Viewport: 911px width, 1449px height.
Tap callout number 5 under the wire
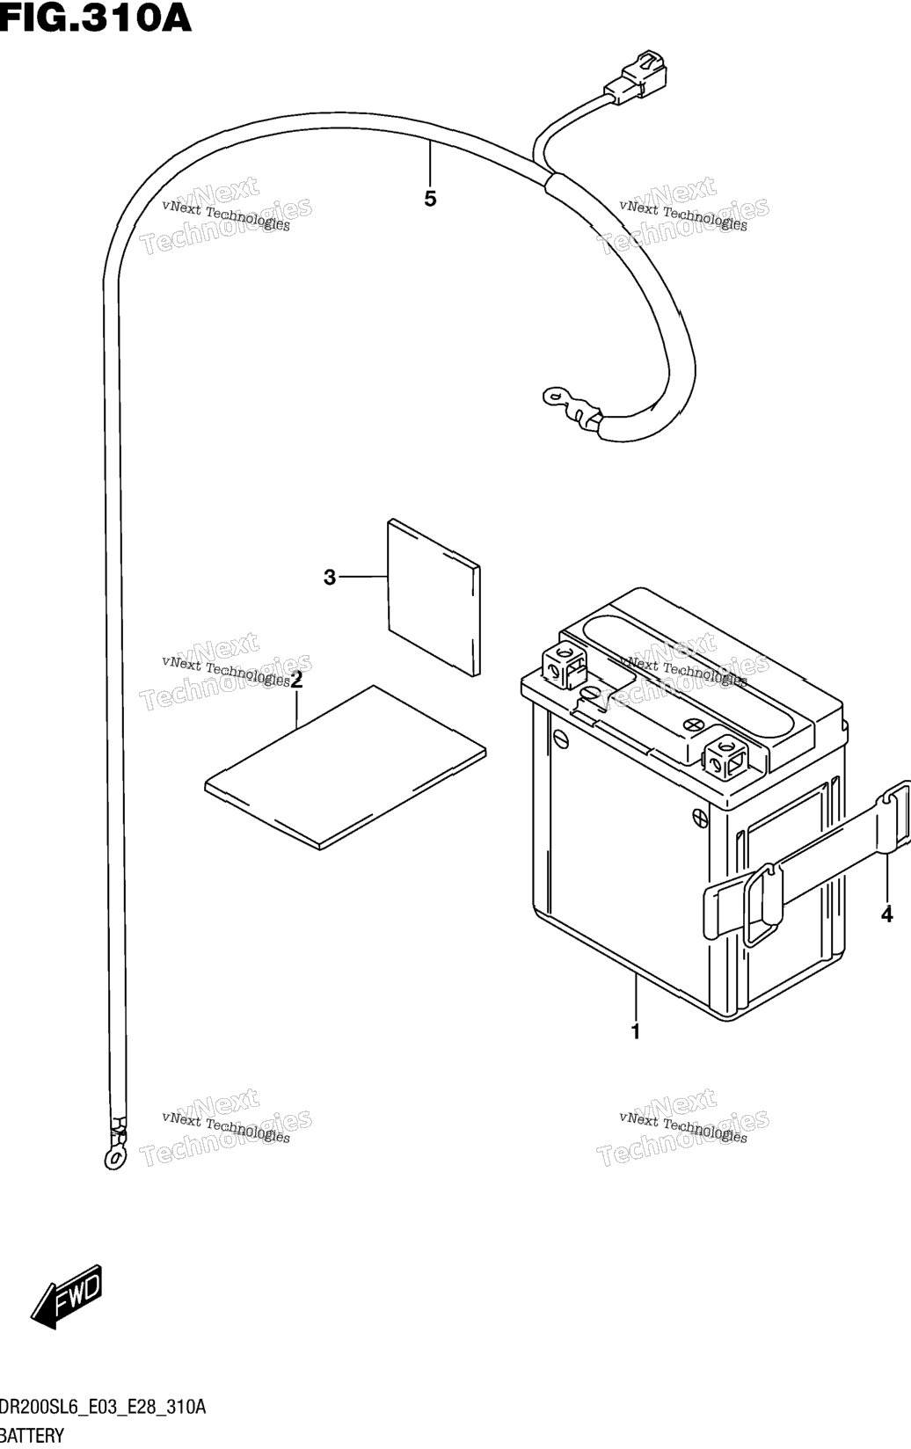click(x=430, y=199)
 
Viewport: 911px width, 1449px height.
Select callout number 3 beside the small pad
click(x=330, y=577)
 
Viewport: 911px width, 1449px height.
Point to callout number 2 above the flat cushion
click(x=297, y=680)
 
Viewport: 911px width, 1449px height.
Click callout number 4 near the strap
click(x=887, y=914)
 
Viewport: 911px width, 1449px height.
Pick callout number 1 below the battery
click(x=636, y=1031)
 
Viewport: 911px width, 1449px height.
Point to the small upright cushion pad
click(x=434, y=598)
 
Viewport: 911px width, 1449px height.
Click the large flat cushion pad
click(x=346, y=768)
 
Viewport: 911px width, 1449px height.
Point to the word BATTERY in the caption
click(x=33, y=1436)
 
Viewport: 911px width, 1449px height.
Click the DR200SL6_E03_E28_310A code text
click(x=103, y=1406)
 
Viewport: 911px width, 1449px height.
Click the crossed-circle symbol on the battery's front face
click(x=700, y=817)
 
